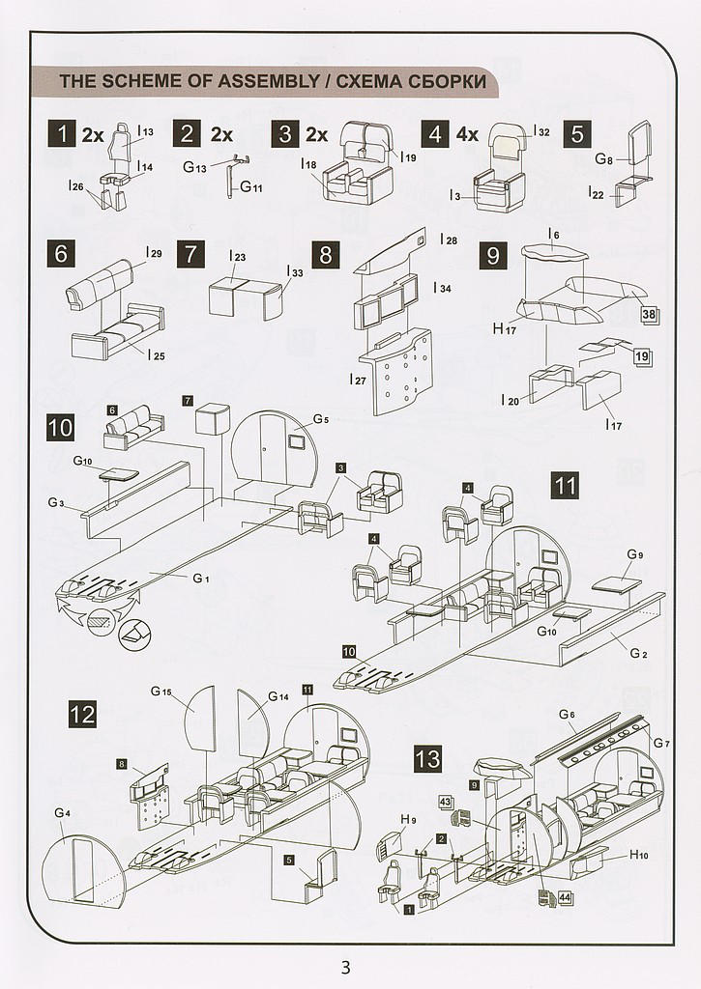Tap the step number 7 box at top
[190, 255]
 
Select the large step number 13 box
[428, 758]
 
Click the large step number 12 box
[83, 715]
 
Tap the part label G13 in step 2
[194, 167]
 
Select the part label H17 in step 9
[505, 329]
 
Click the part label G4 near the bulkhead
[62, 813]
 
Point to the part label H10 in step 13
[639, 855]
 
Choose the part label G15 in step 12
[161, 692]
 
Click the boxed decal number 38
[649, 314]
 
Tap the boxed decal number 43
[446, 802]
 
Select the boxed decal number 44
[565, 898]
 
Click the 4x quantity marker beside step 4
[467, 134]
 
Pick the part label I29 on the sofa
[154, 253]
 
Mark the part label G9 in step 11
[634, 554]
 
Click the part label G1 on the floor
[200, 578]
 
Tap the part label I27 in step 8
[358, 381]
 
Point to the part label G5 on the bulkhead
[321, 420]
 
